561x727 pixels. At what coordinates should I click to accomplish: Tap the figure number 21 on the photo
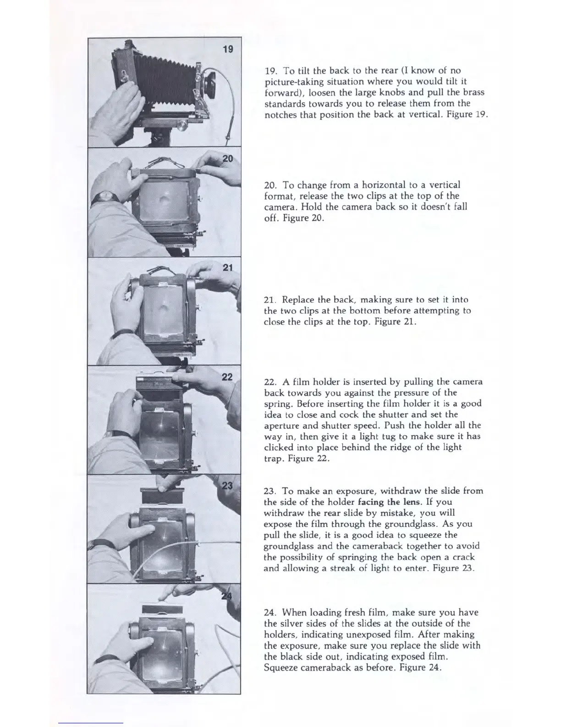click(x=228, y=268)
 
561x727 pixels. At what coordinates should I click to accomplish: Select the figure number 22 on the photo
click(x=227, y=377)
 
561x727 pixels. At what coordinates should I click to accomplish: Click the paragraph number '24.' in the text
click(x=271, y=612)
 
